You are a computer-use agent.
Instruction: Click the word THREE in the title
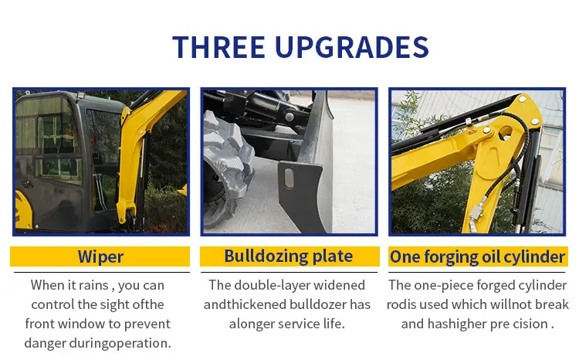click(218, 47)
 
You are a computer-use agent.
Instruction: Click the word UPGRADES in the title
click(352, 47)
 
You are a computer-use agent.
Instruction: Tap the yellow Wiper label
click(100, 256)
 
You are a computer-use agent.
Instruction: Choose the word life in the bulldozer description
click(334, 324)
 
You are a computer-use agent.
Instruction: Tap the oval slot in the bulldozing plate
click(289, 179)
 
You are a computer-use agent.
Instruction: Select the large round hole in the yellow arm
click(506, 133)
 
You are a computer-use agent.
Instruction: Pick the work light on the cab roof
click(80, 95)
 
